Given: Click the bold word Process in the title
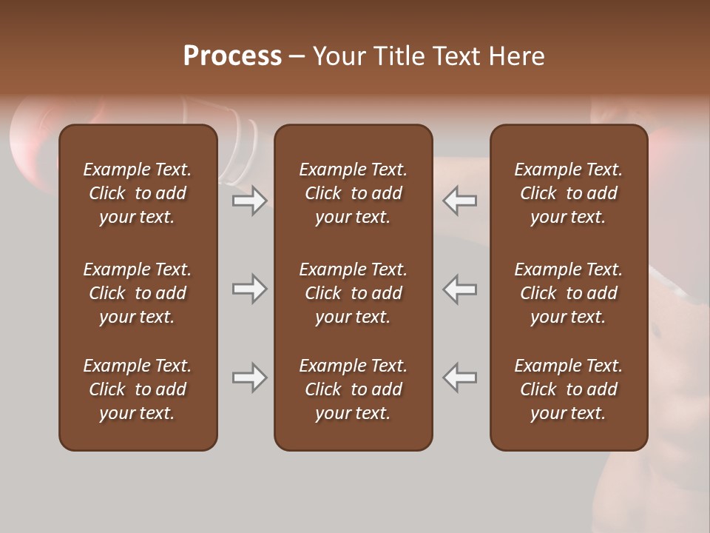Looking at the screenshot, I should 232,56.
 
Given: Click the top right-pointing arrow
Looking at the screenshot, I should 249,201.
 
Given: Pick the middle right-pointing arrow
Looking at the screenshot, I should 249,289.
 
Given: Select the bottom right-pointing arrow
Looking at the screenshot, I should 249,378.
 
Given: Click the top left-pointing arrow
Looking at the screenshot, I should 460,201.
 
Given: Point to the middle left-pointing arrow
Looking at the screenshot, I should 460,289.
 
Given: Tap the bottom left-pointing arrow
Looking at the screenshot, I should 460,378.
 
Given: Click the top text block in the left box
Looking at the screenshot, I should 138,193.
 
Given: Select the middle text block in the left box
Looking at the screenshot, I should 138,293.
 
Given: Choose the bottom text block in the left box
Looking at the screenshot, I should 138,389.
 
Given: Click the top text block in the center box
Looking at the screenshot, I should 353,193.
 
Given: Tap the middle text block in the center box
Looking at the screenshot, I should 353,293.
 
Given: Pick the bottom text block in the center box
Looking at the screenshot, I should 353,389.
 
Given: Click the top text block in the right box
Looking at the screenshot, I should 568,193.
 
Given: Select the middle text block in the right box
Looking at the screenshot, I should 568,293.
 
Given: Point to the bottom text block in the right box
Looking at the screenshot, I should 568,389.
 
